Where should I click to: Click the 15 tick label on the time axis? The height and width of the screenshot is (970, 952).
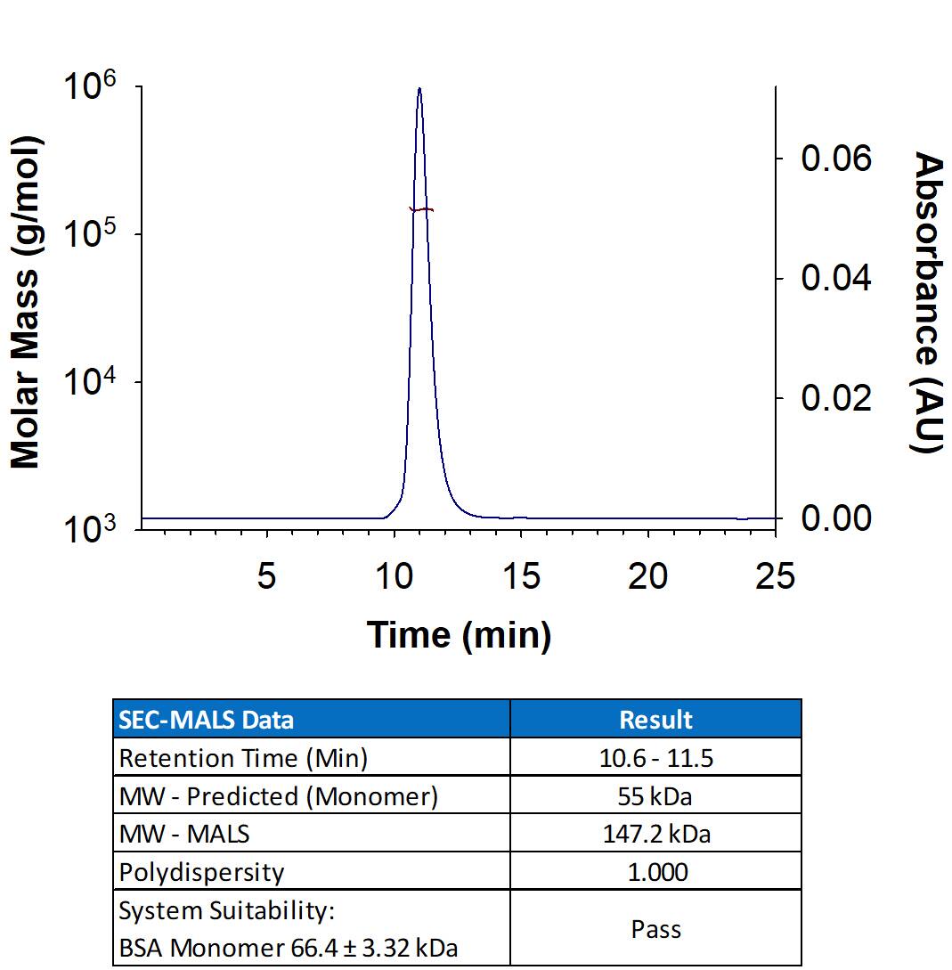pos(521,577)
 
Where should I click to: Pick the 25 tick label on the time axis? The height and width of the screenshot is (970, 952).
pos(774,577)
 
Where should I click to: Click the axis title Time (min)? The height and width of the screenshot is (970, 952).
pos(459,634)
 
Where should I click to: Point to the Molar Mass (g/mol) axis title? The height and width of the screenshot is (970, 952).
pos(27,302)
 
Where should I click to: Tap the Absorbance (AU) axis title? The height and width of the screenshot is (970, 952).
pos(928,302)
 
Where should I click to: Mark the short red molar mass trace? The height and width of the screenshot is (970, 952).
pos(421,210)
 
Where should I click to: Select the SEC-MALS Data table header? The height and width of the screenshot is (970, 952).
pos(207,719)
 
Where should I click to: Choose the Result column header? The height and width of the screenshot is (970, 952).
pos(655,719)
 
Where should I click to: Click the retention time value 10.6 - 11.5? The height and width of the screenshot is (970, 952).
pos(655,758)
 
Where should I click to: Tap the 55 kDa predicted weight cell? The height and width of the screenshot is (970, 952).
pos(655,796)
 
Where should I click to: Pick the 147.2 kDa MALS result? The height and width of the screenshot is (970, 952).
pos(655,835)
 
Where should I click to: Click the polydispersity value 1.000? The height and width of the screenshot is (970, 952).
pos(655,872)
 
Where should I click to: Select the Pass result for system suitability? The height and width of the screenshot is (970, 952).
pos(655,929)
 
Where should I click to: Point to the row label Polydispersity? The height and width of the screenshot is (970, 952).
pos(201,872)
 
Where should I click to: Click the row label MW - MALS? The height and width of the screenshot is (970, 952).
pos(184,835)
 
